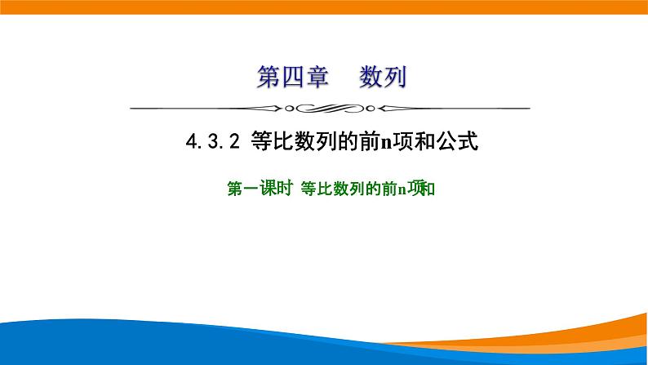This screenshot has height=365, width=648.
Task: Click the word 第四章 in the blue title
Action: pyautogui.click(x=292, y=78)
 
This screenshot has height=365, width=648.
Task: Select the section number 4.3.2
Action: pyautogui.click(x=211, y=144)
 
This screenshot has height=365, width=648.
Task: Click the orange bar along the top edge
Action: pyautogui.click(x=324, y=7)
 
